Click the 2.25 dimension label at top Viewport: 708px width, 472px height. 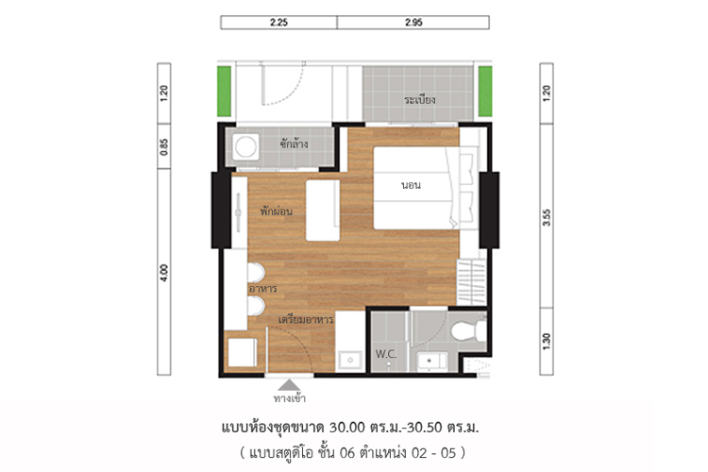(278, 22)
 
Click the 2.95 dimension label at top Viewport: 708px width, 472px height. (413, 22)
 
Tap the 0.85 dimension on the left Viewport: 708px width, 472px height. (164, 147)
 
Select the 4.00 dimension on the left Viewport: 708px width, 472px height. (164, 273)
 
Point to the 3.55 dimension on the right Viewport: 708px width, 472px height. (547, 217)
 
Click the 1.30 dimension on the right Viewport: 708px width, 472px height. (547, 341)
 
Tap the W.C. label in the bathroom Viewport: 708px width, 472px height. (386, 354)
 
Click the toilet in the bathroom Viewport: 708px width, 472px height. (468, 331)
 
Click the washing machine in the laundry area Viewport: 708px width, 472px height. (245, 146)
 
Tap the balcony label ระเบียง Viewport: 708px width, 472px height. (420, 99)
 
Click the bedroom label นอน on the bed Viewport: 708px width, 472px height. (411, 185)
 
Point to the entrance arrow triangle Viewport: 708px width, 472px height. (289, 385)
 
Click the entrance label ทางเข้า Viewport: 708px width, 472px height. (290, 398)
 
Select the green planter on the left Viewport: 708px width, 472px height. (224, 92)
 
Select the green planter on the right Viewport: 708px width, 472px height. (485, 92)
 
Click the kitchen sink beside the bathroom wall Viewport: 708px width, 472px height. (350, 360)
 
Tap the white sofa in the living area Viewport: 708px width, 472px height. (323, 211)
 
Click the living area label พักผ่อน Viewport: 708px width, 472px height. (276, 211)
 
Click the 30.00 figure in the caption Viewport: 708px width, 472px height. (346, 427)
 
